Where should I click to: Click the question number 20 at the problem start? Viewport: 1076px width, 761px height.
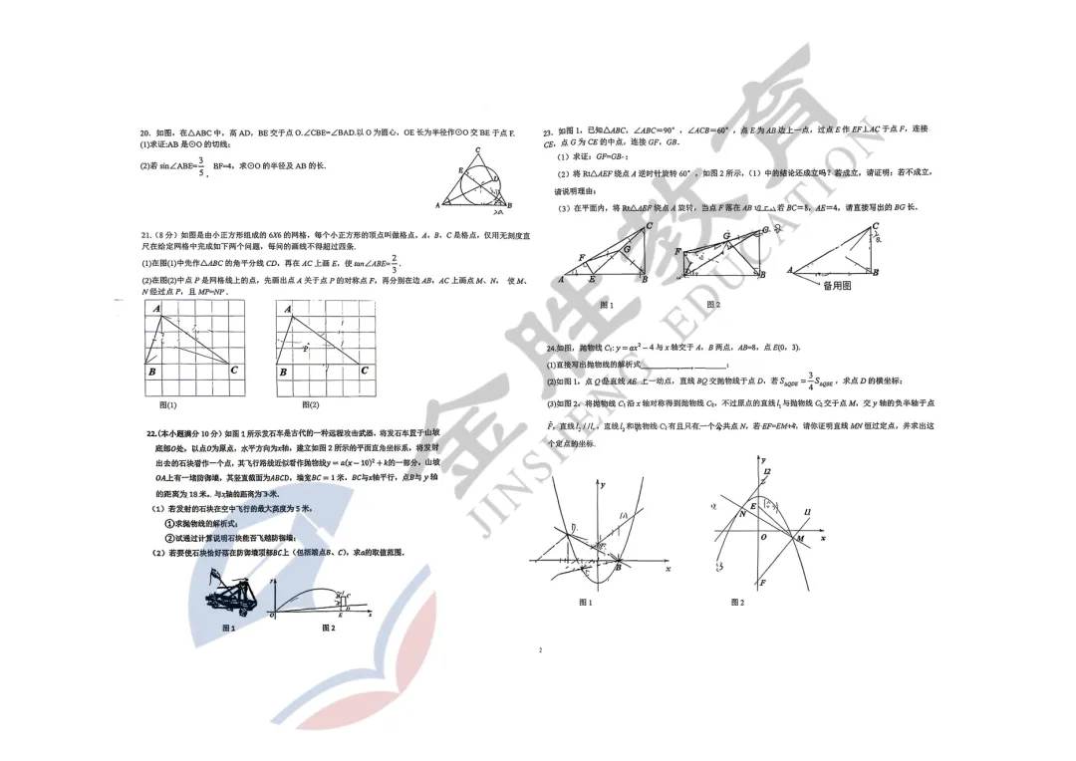[x=145, y=132]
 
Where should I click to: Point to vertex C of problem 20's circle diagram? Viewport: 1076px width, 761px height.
[x=478, y=150]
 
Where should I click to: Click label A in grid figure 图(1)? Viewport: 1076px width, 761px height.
[x=156, y=310]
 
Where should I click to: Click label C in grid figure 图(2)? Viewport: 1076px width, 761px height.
[x=365, y=371]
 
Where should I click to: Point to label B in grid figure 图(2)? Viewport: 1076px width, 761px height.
[x=284, y=372]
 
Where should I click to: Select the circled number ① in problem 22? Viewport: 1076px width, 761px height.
[x=169, y=523]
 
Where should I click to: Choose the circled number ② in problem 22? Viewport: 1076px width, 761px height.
[x=169, y=538]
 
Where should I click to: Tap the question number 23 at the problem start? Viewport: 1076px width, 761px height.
[x=548, y=131]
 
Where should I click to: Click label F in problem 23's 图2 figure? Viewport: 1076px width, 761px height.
[x=678, y=252]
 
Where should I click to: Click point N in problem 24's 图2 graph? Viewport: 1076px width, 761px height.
[x=742, y=514]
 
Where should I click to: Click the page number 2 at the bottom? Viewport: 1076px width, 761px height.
[x=539, y=650]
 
